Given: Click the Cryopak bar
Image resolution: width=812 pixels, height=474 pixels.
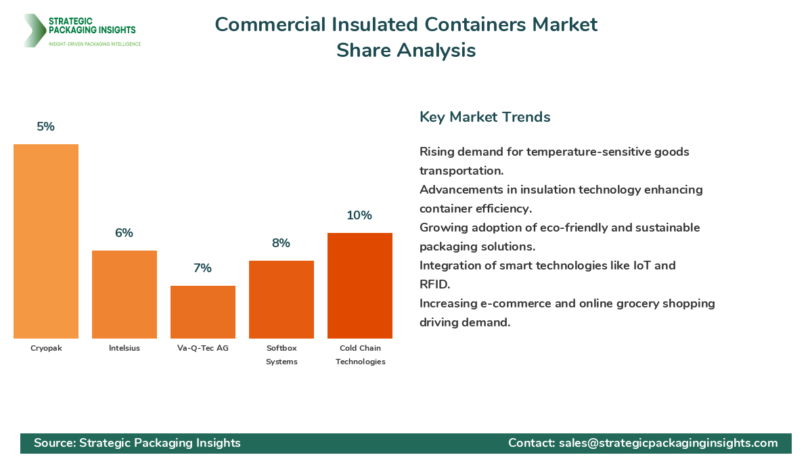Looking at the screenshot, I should pos(46,241).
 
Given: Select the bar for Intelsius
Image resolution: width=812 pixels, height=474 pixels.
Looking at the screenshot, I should pos(125,295).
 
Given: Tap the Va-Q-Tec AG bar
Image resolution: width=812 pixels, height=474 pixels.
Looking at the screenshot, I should pos(203,312).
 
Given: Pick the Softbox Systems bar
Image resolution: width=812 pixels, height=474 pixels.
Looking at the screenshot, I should pos(281,299).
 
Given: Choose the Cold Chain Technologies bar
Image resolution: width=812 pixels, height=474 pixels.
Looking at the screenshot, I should pos(360,286).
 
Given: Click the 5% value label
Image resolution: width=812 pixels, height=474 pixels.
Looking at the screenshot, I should pos(46,127).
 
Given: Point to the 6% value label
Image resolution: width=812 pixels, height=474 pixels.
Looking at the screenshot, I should pos(125,233).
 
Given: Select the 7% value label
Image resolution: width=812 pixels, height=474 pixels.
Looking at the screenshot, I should pos(203,268).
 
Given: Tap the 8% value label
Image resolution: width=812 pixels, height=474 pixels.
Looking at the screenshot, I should pos(281,243).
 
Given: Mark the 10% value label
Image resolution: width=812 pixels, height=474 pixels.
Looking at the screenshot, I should pos(359,215).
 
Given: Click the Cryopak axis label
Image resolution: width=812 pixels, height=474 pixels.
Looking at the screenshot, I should pos(46,348).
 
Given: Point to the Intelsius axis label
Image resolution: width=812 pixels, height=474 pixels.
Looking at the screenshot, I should pos(125,348).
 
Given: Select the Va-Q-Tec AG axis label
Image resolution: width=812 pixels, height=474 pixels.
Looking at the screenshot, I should pos(203,348).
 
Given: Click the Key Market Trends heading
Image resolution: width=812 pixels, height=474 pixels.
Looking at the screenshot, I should pos(485,117).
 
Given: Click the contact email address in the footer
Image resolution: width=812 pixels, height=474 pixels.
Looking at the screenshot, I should pos(669,443).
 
